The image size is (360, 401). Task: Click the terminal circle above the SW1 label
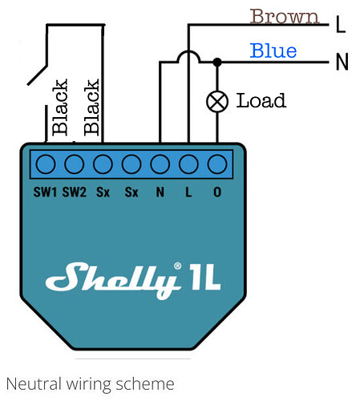pos(46,164)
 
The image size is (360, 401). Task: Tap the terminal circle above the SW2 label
pos(74,164)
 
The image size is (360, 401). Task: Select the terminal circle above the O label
pos(216,164)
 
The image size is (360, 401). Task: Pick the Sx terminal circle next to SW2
pos(103,164)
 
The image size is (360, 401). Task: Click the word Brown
pos(284,16)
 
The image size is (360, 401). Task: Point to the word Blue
pos(273,51)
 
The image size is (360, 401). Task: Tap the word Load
pos(261,101)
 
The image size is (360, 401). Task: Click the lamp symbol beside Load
pos(216,101)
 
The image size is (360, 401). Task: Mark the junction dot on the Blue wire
pos(216,61)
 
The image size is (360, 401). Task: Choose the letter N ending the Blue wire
pos(342,62)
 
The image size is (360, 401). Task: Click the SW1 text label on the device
pos(45,192)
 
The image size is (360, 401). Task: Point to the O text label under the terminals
pos(216,192)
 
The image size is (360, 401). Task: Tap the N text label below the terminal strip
pos(160,192)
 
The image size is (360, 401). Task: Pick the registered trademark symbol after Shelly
pos(178,265)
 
